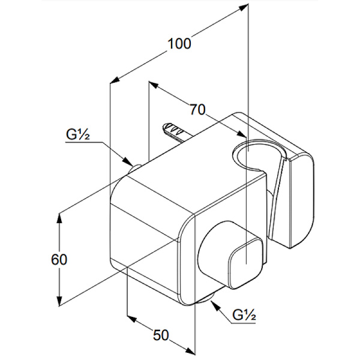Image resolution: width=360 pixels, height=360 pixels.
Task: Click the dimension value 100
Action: pos(179,44)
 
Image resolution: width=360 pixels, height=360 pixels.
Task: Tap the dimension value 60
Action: pos(59,259)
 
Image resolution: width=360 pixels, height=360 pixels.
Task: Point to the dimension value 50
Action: pos(161,335)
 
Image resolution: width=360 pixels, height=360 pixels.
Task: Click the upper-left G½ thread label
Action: pos(78,134)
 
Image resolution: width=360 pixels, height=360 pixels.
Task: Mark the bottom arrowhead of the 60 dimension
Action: pos(59,304)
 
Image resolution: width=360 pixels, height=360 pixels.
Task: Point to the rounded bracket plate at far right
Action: pos(299,198)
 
